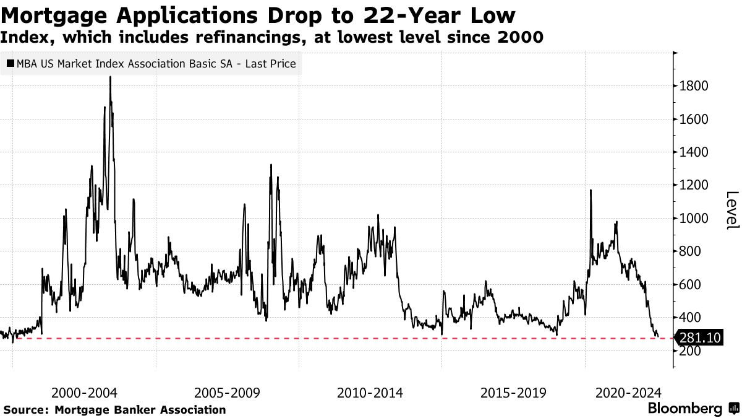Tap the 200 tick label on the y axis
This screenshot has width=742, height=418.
691,351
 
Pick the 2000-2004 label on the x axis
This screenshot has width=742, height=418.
85,393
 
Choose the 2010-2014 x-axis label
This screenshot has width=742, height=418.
370,393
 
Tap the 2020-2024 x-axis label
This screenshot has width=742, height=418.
628,393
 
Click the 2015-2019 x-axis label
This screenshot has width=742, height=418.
513,393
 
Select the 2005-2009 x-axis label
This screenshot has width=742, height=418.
227,393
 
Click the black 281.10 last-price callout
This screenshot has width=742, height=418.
699,338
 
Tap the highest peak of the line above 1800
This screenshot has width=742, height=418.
110,77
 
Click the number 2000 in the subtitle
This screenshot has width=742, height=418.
522,38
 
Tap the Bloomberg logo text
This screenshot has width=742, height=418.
684,409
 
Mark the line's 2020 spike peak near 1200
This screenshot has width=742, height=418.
591,190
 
